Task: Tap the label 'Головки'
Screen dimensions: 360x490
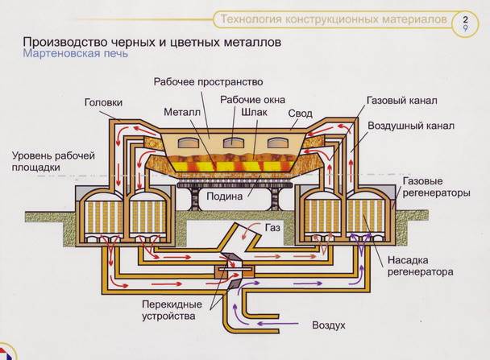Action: point(103,103)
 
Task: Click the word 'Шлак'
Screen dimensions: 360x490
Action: point(255,114)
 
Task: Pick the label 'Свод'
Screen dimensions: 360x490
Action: point(301,113)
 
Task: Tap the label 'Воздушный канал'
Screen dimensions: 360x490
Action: point(410,126)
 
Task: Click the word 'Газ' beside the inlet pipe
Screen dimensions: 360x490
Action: point(273,228)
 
